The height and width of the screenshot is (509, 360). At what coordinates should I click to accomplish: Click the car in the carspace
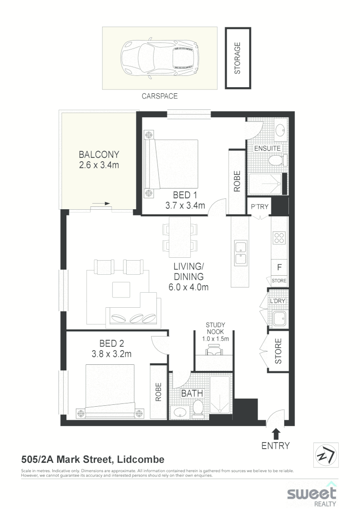(160, 58)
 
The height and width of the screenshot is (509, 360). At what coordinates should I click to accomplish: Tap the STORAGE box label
(238, 58)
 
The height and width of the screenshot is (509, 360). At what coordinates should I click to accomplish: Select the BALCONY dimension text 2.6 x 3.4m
(99, 165)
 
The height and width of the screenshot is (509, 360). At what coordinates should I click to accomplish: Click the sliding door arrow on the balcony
(101, 204)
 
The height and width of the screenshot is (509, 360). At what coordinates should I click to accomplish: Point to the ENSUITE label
(267, 148)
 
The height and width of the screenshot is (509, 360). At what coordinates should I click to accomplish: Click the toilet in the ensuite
(276, 161)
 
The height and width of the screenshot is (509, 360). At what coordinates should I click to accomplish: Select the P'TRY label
(259, 206)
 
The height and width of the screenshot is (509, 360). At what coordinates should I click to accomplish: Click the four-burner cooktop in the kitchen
(278, 238)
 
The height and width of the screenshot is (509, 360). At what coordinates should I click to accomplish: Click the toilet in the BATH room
(198, 408)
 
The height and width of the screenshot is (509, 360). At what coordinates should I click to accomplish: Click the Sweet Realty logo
(312, 494)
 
